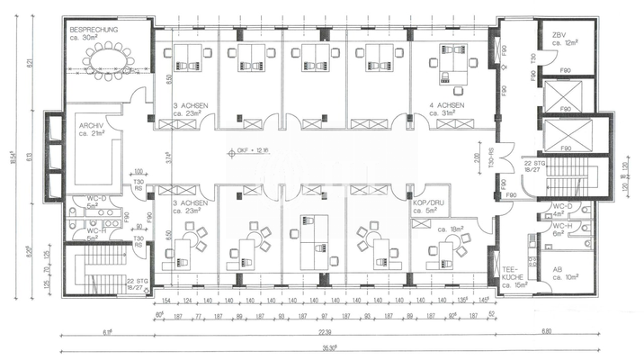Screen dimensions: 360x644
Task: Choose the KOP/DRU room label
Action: pyautogui.click(x=426, y=203)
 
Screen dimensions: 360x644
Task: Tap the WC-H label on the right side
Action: pyautogui.click(x=562, y=229)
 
